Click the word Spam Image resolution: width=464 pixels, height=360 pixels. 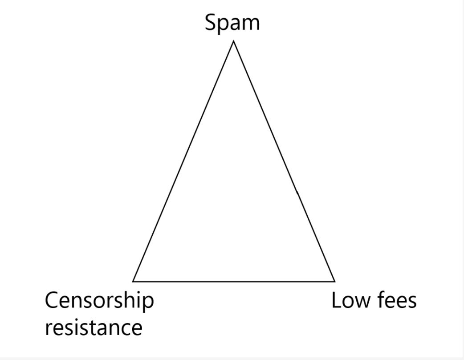[232, 22]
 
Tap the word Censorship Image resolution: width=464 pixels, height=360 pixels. [99, 301]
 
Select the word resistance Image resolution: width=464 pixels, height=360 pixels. [94, 327]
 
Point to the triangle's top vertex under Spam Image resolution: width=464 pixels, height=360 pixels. [233, 41]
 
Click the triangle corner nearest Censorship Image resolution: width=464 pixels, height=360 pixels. [133, 281]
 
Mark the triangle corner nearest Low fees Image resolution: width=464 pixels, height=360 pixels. [334, 281]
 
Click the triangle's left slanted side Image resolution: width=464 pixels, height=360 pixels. [183, 161]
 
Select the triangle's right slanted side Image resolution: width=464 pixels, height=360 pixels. [284, 161]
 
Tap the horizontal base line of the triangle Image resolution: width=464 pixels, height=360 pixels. [234, 282]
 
